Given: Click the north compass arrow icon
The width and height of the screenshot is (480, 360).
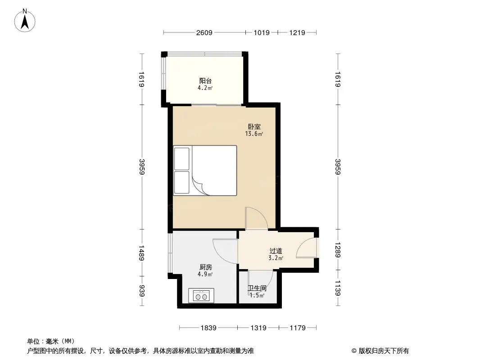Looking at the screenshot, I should coord(26,20).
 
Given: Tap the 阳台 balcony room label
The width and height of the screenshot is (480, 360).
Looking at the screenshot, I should coord(205,81).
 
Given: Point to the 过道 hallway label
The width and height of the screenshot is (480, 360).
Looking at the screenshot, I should coord(276,251).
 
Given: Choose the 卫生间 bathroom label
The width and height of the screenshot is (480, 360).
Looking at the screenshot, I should coord(257,288).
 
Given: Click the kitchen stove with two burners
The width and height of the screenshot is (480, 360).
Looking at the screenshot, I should coord(201,296).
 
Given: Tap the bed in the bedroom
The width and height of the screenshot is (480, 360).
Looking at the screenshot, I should coord(205,170).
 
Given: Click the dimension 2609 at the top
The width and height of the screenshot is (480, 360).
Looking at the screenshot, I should coord(204,32).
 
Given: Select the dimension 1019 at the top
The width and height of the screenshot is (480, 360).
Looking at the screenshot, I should coord(262,32).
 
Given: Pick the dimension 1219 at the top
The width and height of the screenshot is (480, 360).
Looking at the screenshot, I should coord(297,32).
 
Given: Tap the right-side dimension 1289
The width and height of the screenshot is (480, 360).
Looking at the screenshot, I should coord(338,250).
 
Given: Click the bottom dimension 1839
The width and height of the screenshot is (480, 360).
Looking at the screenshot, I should coord(209,328).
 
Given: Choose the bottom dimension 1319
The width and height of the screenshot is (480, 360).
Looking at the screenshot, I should coord(258,328).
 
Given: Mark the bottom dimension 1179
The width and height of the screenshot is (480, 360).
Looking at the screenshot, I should coord(297,328).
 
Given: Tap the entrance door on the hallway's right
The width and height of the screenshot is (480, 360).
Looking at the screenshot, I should coord(308,248).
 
